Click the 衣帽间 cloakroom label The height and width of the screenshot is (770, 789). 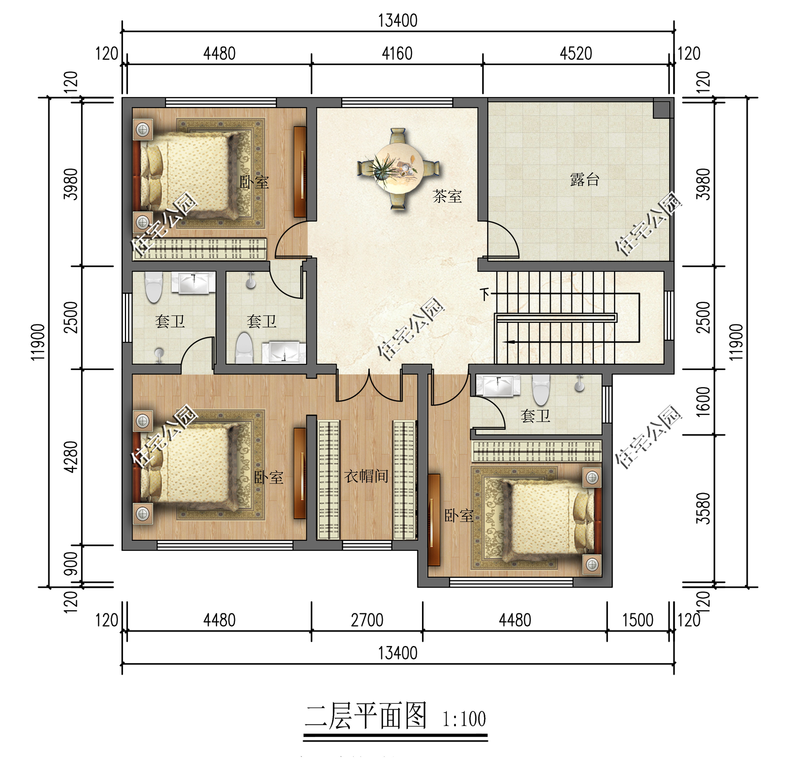tap(366, 476)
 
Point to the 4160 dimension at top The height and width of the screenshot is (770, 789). tap(397, 54)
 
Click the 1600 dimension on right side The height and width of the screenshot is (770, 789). tap(703, 402)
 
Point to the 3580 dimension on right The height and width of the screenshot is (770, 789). tap(703, 508)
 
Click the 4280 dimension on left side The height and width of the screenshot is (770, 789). tap(71, 457)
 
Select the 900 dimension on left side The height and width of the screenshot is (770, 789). tap(71, 563)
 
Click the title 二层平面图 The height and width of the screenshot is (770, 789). tap(366, 716)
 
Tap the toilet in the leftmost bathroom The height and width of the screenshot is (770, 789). tap(154, 287)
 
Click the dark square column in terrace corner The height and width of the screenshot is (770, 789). tap(661, 109)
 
